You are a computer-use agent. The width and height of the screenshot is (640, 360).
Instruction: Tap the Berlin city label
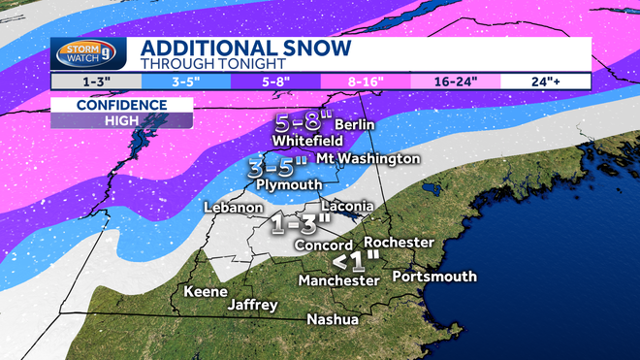coord(353,125)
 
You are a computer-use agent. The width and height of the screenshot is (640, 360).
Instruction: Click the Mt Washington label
coord(379,158)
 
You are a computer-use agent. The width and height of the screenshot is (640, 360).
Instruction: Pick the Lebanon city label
coord(234,208)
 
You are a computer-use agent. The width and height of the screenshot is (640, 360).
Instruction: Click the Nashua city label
coord(333,319)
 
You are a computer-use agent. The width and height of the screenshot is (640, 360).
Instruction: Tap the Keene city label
coord(205,291)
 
